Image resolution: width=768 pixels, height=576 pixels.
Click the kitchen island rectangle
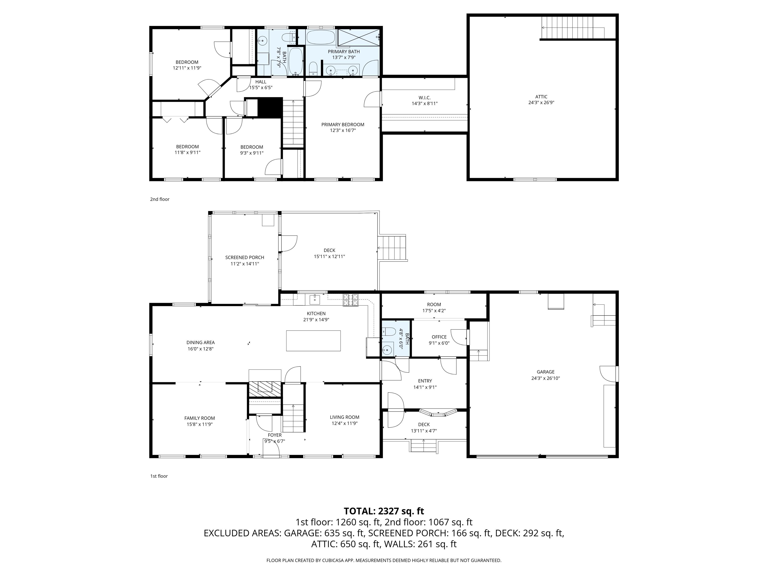tap(313, 340)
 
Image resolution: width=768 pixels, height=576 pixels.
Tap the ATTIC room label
tap(541, 97)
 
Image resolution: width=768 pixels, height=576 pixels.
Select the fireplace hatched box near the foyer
tap(264, 389)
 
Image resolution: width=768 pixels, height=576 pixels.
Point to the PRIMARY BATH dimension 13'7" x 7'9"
tap(344, 57)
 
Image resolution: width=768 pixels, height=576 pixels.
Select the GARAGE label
tap(545, 371)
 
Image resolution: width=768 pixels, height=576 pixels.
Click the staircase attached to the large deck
tap(392, 247)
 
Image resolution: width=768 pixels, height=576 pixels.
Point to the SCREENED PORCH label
tap(244, 257)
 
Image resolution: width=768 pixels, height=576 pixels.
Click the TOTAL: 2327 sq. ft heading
tap(384, 511)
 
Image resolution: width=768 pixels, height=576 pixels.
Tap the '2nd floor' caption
tap(160, 199)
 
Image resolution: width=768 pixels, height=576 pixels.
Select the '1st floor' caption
tap(159, 476)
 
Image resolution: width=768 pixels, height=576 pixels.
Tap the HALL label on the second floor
tap(261, 82)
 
